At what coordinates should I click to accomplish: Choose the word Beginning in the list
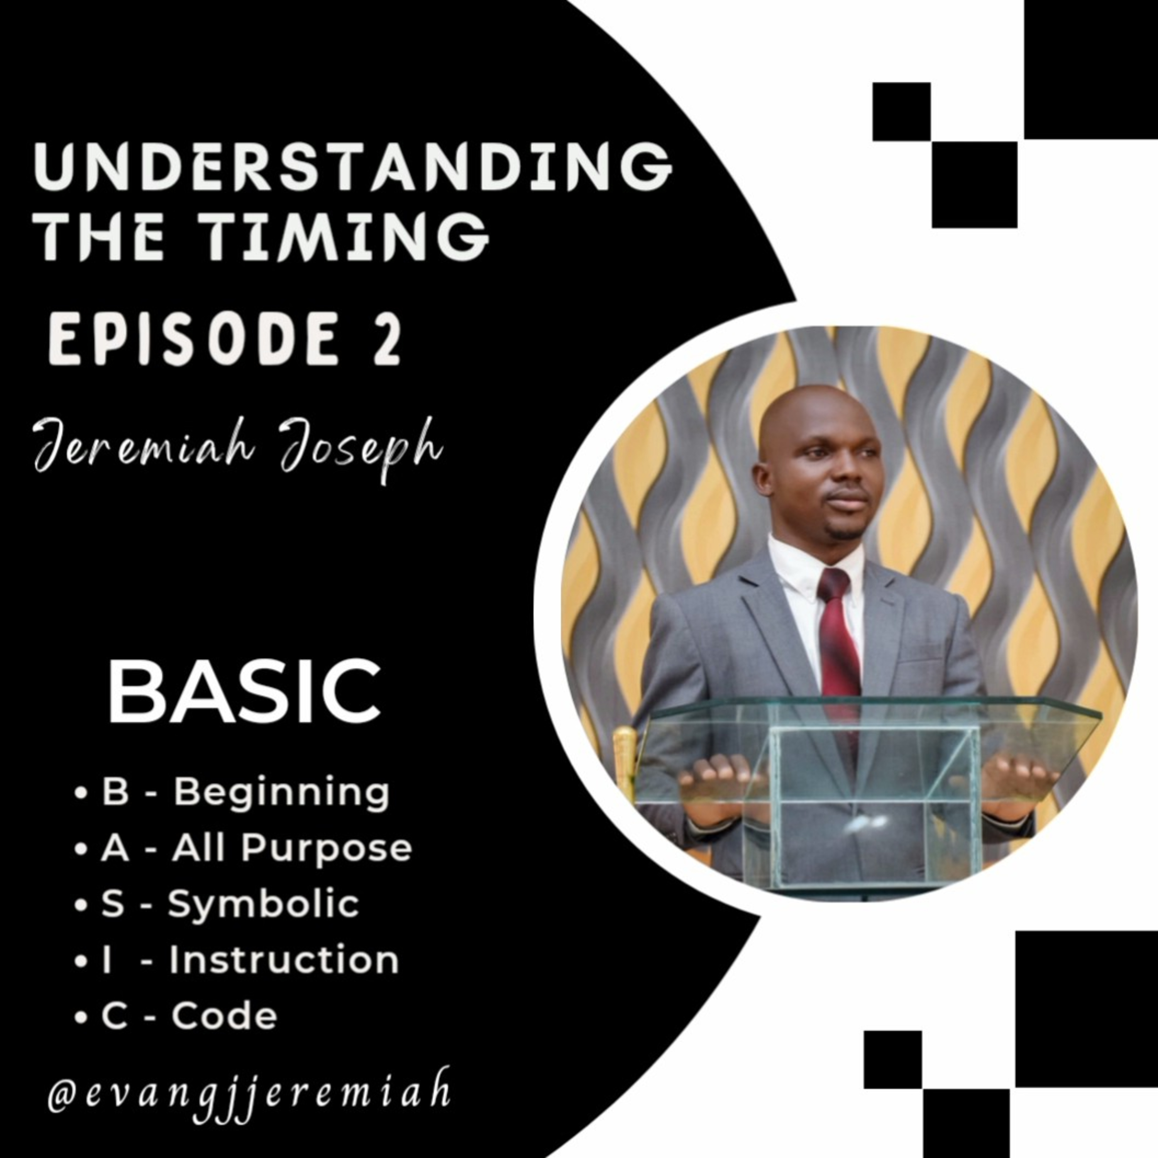tap(282, 793)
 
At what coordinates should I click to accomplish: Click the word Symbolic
tap(264, 904)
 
